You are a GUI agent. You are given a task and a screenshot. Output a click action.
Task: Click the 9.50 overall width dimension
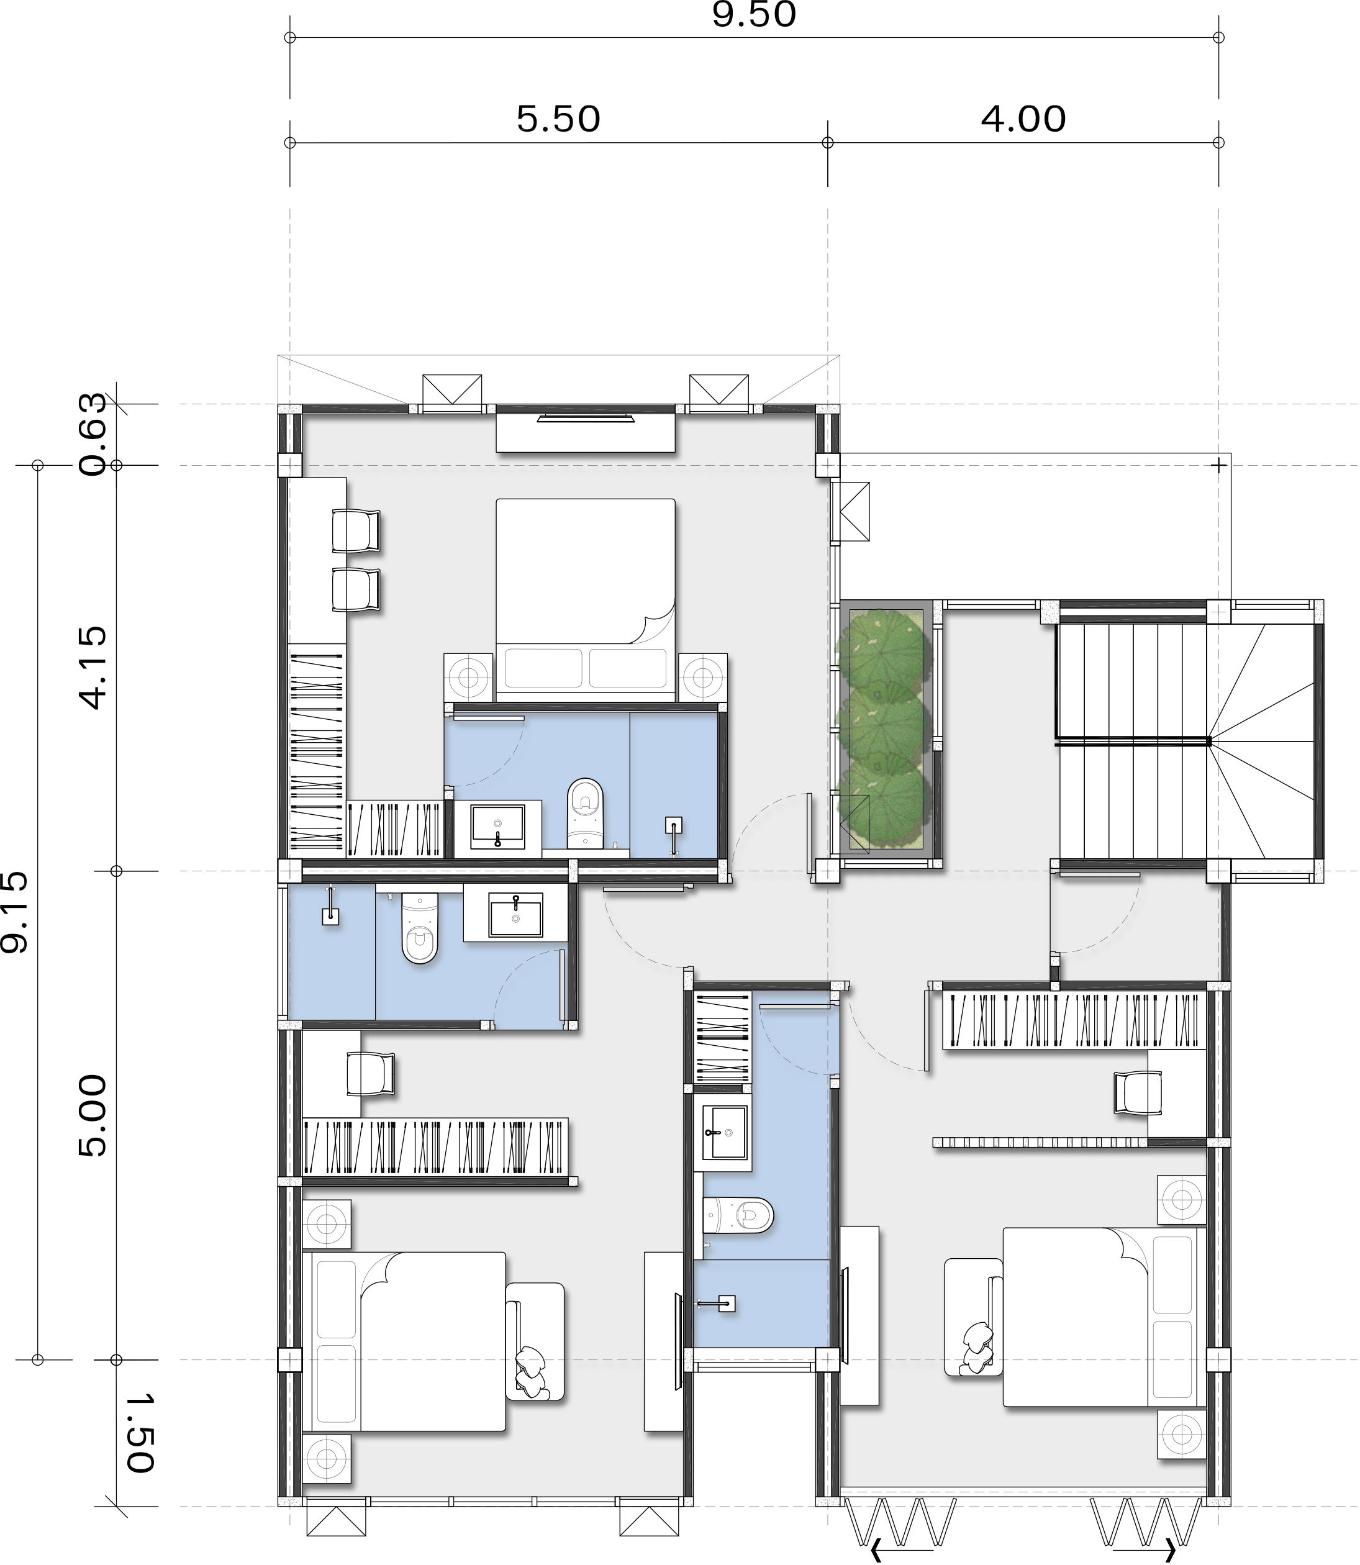(x=754, y=14)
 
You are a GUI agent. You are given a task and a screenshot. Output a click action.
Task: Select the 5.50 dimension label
(x=558, y=119)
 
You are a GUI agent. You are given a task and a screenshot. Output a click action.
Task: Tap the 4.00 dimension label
(x=1023, y=119)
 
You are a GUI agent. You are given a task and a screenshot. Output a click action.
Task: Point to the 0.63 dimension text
(x=93, y=434)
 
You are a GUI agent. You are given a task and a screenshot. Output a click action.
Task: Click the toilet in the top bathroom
(x=585, y=813)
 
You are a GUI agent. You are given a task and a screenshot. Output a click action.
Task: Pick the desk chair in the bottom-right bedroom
(x=1138, y=1092)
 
